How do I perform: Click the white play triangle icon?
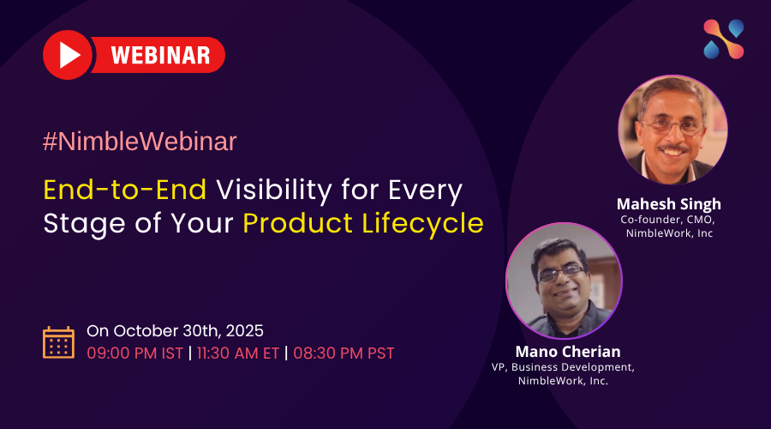pos(69,55)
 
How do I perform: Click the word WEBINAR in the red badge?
pos(161,55)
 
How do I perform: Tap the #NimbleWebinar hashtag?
pos(140,142)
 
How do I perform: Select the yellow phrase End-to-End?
pos(125,190)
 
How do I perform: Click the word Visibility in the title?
pos(274,191)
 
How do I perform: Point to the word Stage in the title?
pos(85,224)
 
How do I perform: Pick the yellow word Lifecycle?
pos(423,224)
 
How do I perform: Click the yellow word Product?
pos(298,223)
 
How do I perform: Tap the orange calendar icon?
pos(58,342)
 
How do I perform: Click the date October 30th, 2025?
pos(188,331)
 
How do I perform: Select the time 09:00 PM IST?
pos(134,353)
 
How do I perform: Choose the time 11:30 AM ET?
pos(238,353)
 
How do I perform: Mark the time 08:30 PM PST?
pos(344,353)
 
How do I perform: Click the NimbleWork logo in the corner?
pos(724,39)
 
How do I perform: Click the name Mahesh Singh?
pos(669,204)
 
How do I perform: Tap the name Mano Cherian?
pos(568,352)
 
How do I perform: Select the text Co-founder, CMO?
pos(667,220)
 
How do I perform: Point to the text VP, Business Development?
pos(563,367)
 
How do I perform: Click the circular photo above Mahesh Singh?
pos(672,130)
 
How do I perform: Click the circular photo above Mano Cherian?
pos(564,281)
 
